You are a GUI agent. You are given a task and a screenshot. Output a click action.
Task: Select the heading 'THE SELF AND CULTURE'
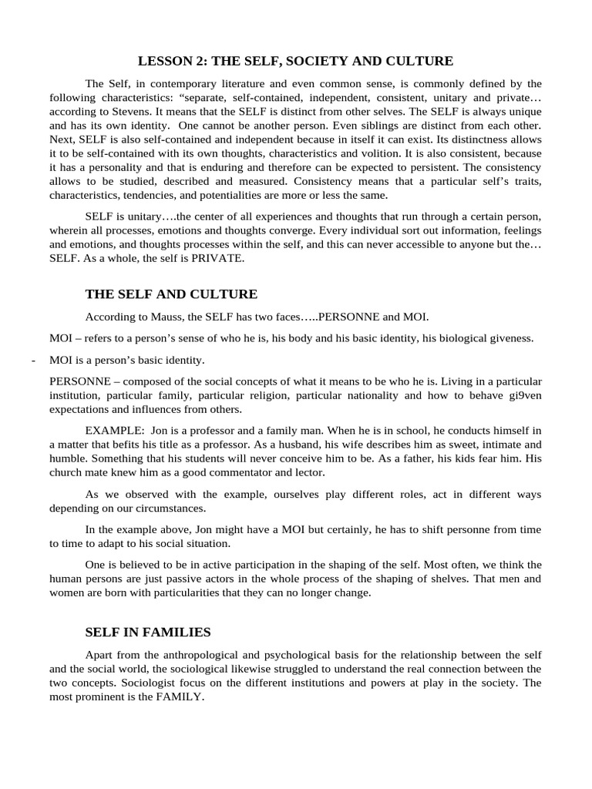(171, 294)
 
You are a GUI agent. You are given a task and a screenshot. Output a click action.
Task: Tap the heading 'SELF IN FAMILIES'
(147, 632)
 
